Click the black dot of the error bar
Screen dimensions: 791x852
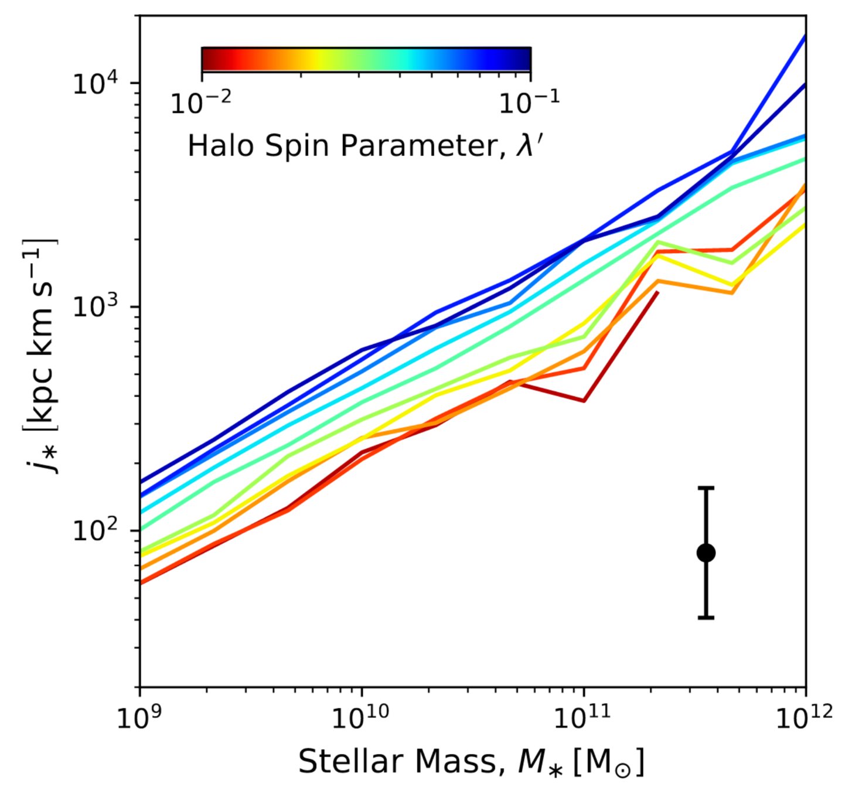(706, 553)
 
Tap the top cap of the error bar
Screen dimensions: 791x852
(706, 487)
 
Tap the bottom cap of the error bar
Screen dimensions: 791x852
(706, 618)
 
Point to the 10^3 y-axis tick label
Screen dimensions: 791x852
(101, 307)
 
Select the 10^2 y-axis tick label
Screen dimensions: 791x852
(101, 530)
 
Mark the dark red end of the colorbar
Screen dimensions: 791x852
(205, 59)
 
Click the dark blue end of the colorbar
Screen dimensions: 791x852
(527, 59)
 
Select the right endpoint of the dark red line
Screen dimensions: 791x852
(658, 292)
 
